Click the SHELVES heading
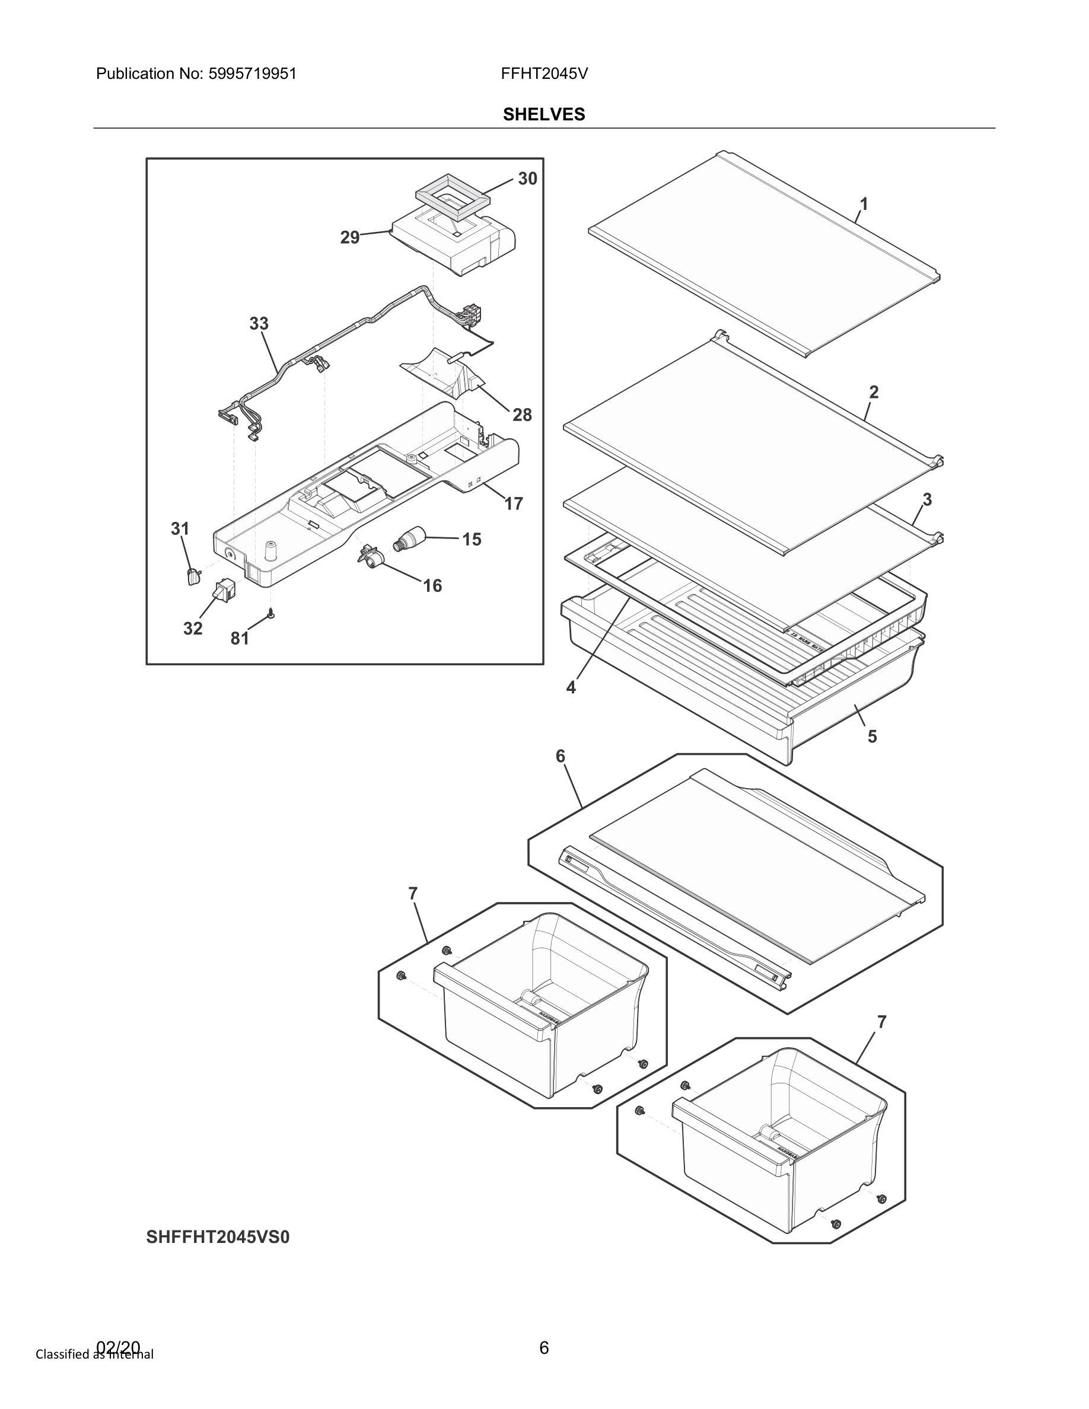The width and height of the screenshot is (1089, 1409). (x=544, y=114)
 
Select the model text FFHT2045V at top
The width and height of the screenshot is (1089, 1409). (x=544, y=74)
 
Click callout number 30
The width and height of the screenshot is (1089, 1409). (x=527, y=178)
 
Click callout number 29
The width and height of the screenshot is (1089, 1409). (x=350, y=237)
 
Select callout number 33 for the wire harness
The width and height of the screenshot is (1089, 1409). (x=259, y=323)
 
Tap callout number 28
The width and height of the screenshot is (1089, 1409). (x=522, y=415)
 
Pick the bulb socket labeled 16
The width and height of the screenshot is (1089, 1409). (x=370, y=557)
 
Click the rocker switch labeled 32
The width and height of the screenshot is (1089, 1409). (x=225, y=590)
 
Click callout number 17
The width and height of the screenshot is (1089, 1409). (x=514, y=503)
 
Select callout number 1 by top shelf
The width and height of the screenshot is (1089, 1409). (x=864, y=205)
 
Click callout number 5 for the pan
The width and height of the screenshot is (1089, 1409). (x=873, y=736)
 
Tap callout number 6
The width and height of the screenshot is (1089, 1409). (x=560, y=755)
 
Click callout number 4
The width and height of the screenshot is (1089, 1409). (x=571, y=688)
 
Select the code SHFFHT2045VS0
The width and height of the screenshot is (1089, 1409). (x=218, y=1237)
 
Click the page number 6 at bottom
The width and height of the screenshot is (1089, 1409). (x=544, y=1348)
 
